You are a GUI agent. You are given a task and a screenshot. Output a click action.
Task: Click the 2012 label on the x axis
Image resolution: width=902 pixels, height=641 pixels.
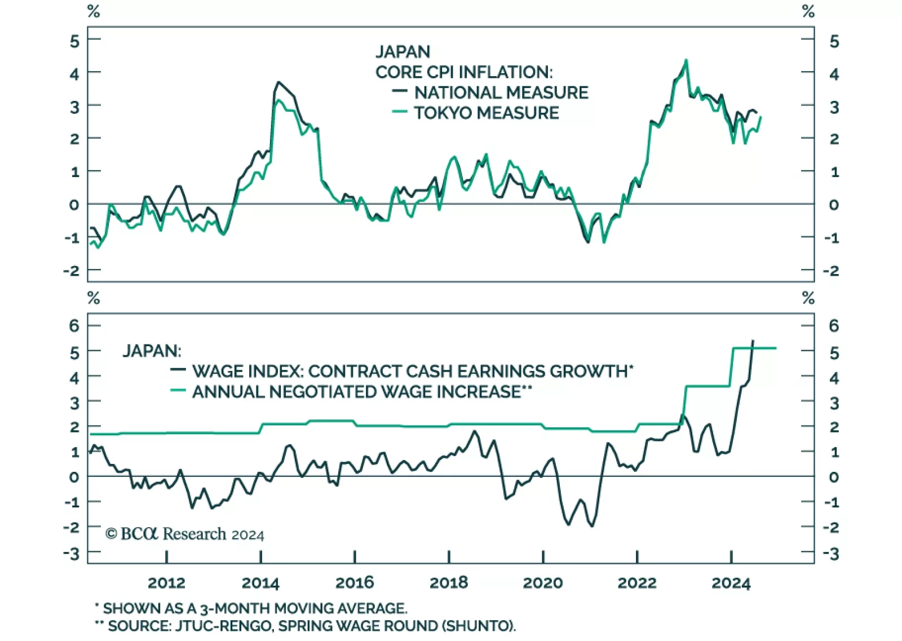tap(166, 582)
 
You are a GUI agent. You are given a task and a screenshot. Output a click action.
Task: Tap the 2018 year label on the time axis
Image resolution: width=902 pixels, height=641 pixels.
tap(449, 582)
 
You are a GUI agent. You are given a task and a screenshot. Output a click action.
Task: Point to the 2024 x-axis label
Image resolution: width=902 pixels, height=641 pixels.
tap(731, 582)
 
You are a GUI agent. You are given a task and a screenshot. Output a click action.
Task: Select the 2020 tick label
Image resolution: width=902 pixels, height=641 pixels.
tap(543, 582)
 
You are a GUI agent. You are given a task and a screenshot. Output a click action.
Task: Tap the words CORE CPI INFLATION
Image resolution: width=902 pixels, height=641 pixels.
tap(464, 72)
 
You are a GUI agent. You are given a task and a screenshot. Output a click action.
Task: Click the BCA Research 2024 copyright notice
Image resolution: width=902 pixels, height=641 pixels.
tap(185, 534)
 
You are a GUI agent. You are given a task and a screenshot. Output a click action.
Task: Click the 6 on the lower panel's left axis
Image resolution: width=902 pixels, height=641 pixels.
tap(74, 325)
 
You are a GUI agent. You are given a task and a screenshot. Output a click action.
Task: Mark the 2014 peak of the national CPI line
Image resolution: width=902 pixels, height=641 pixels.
tap(278, 82)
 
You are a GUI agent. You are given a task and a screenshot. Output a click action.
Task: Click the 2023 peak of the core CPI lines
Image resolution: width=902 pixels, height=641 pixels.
tap(686, 60)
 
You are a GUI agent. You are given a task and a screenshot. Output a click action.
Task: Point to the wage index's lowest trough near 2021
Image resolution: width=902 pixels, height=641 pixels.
tap(591, 526)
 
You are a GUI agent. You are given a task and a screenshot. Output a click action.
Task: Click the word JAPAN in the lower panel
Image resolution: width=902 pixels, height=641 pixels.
tap(152, 351)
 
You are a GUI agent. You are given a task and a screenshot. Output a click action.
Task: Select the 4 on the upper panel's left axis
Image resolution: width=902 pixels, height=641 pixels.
tap(74, 73)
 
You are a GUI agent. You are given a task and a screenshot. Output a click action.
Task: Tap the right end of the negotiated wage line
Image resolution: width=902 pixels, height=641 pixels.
tap(776, 348)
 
